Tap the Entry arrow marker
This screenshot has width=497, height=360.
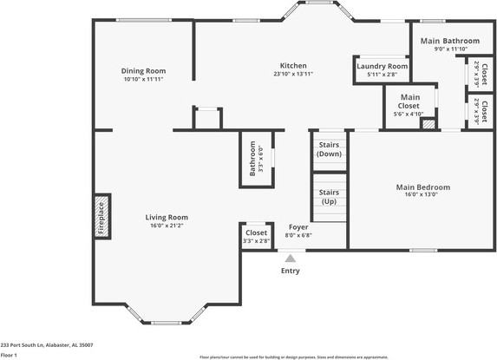(x=290, y=258)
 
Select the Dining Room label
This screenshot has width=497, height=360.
(x=143, y=71)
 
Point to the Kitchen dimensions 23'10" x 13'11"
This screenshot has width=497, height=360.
(x=292, y=75)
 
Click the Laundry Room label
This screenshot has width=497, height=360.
(x=382, y=66)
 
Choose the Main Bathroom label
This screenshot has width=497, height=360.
(x=449, y=41)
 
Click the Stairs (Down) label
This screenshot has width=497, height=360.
(x=329, y=149)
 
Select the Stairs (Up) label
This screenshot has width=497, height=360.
(x=329, y=196)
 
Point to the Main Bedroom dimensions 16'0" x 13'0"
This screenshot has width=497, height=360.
(x=423, y=194)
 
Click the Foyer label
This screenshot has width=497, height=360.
(x=298, y=227)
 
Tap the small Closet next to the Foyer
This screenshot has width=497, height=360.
(x=256, y=236)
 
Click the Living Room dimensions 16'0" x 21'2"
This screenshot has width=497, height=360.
(x=167, y=226)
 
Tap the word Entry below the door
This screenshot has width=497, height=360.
(x=290, y=271)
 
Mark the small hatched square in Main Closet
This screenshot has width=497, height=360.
(x=428, y=124)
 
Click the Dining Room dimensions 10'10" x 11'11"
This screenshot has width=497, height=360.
(x=143, y=79)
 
